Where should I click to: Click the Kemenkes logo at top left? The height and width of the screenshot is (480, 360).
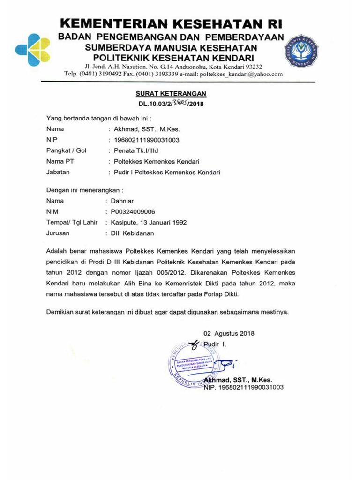(x=32, y=50)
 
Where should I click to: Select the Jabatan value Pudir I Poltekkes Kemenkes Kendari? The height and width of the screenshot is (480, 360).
(x=167, y=172)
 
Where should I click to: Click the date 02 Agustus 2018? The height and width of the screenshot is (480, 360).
(x=228, y=334)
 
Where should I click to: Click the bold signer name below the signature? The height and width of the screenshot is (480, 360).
(x=238, y=380)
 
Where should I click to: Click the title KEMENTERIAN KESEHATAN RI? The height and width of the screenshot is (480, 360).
(x=172, y=24)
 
